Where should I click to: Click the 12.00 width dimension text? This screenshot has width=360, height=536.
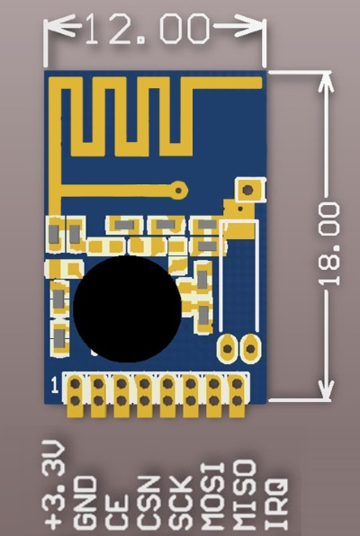[x=147, y=29]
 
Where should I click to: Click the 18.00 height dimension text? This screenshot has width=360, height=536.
[x=328, y=244]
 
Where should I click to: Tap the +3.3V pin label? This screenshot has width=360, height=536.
[x=53, y=487]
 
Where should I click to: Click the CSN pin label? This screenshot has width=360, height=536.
[x=148, y=505]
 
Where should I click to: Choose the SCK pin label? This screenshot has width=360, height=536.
[x=181, y=505]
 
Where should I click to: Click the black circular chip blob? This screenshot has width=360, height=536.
[x=127, y=308]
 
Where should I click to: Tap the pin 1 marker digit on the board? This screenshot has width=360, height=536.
[x=55, y=385]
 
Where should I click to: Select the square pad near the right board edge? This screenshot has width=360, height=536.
[x=250, y=190]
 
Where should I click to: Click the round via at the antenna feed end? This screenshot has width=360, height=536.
[x=178, y=190]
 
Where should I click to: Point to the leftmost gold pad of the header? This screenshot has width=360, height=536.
[x=76, y=396]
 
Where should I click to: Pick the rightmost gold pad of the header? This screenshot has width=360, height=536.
[x=237, y=396]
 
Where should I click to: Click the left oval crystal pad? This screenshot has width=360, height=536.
[x=228, y=348]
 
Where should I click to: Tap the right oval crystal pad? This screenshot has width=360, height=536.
[x=250, y=348]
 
